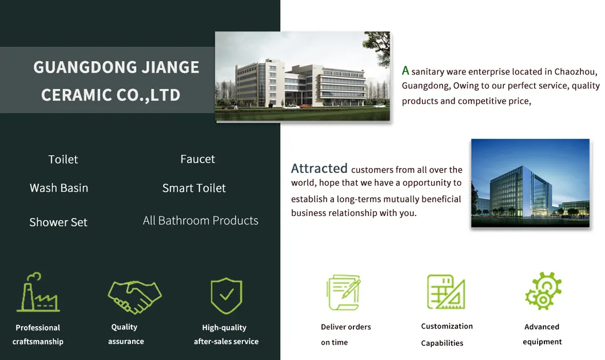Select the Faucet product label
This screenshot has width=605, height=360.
(197, 159)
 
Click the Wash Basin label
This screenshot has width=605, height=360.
(59, 188)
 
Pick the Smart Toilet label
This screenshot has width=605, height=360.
(194, 188)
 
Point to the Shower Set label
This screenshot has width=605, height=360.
(58, 222)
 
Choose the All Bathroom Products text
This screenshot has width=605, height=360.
(201, 221)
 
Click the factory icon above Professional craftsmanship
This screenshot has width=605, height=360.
(38, 292)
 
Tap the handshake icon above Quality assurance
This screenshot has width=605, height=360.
(134, 297)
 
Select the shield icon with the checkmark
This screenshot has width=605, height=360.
(226, 295)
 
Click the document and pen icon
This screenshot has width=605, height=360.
(344, 292)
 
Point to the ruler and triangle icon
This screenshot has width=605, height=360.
(446, 292)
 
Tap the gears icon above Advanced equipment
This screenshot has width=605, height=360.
(543, 291)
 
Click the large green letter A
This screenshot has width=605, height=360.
(405, 70)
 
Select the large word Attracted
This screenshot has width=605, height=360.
(319, 169)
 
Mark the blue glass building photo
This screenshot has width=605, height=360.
(530, 183)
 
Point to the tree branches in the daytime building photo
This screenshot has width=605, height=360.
(377, 45)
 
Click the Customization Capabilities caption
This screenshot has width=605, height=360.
(447, 334)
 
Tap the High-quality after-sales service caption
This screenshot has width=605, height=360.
(226, 334)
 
